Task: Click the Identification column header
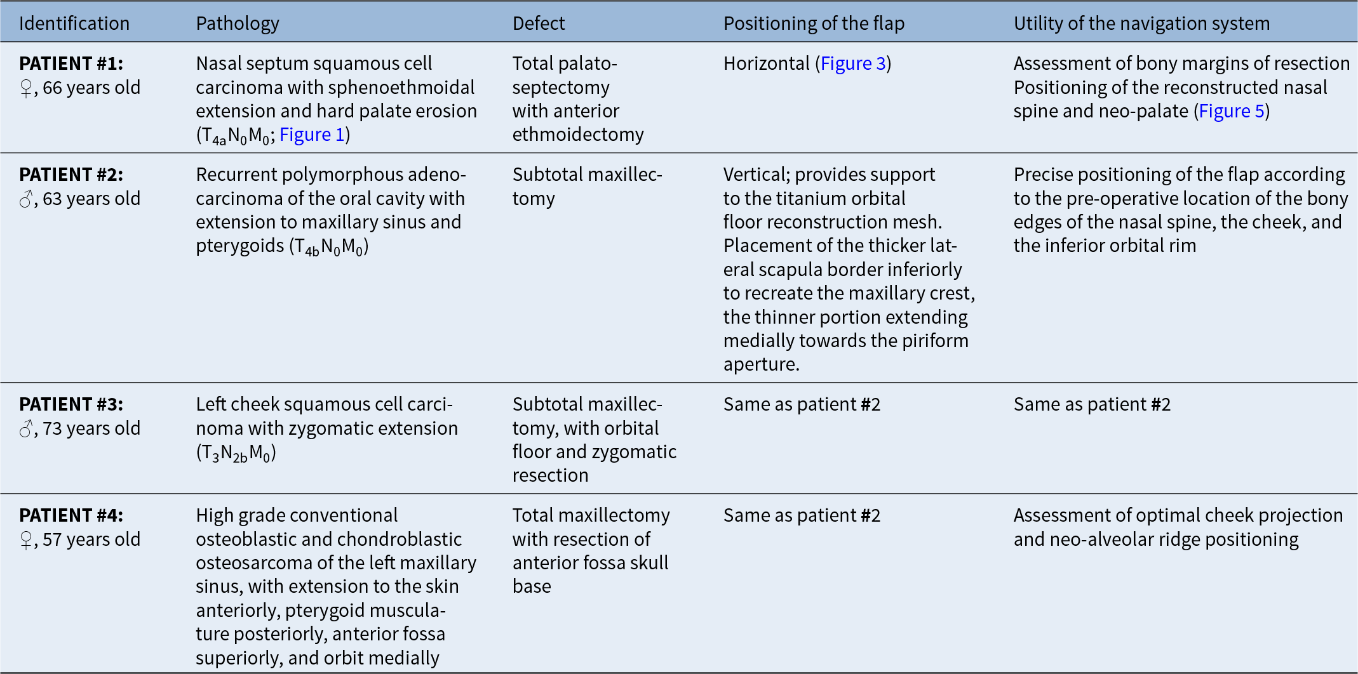pyautogui.click(x=74, y=23)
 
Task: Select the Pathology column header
pyautogui.click(x=238, y=24)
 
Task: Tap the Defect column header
pyautogui.click(x=539, y=23)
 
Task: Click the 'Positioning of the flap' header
pyautogui.click(x=814, y=24)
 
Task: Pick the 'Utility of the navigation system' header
pyautogui.click(x=1141, y=24)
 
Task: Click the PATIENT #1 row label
pyautogui.click(x=71, y=63)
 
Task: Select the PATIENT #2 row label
pyautogui.click(x=71, y=175)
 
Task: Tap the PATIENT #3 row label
pyautogui.click(x=71, y=404)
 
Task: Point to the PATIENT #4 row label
pyautogui.click(x=71, y=515)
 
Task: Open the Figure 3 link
pyautogui.click(x=853, y=63)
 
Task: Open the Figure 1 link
pyautogui.click(x=312, y=135)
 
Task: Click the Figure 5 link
pyautogui.click(x=1232, y=111)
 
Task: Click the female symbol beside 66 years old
pyautogui.click(x=26, y=88)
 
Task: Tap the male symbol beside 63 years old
pyautogui.click(x=26, y=199)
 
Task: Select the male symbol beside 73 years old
pyautogui.click(x=26, y=429)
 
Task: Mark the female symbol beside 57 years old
pyautogui.click(x=26, y=540)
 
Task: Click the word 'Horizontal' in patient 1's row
pyautogui.click(x=767, y=63)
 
